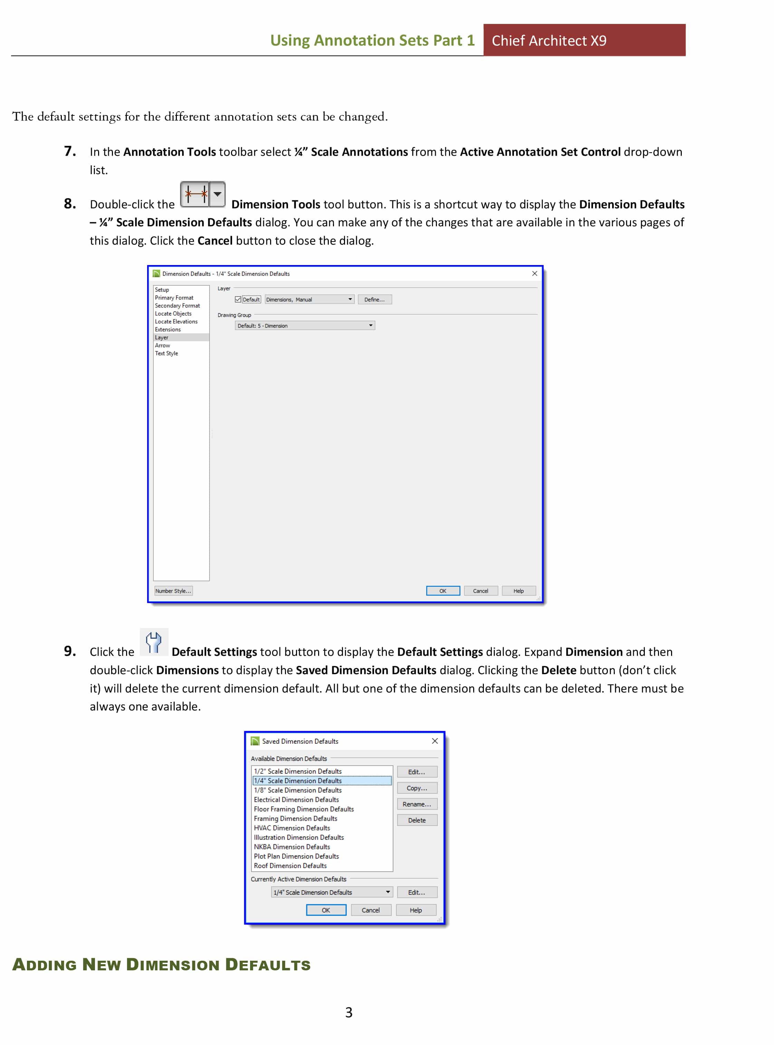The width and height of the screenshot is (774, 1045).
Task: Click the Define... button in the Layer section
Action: point(374,299)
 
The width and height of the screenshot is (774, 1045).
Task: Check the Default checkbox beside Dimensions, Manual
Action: point(238,299)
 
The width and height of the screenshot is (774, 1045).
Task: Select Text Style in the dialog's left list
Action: point(166,353)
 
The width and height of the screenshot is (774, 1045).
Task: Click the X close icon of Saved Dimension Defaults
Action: point(435,741)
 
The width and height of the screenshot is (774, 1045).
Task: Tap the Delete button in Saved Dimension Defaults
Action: point(417,820)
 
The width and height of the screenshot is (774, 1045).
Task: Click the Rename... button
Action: point(417,804)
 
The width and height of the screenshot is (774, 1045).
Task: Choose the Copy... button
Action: point(417,788)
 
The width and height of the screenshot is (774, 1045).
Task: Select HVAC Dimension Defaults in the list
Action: point(292,828)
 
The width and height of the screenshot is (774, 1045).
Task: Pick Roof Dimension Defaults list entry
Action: point(290,865)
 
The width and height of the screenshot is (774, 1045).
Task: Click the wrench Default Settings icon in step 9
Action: point(153,642)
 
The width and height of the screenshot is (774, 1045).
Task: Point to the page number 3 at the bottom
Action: point(348,1012)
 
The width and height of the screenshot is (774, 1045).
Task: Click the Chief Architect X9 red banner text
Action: point(549,41)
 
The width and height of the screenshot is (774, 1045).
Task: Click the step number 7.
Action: point(70,151)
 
